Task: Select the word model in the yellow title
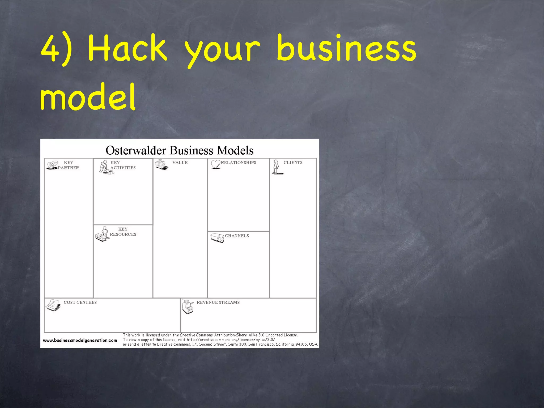pos(88,97)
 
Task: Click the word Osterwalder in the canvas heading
pos(135,150)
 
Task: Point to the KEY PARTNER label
pos(69,165)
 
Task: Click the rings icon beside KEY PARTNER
pos(52,165)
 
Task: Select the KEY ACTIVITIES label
pos(123,165)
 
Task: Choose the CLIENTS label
pos(293,163)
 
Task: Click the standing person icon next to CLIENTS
pos(277,167)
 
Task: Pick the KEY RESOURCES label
pos(123,232)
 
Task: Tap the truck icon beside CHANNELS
pos(217,238)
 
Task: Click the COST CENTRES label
pos(80,302)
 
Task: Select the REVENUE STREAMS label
pos(218,302)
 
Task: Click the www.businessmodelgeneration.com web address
pos(80,340)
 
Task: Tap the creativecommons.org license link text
pos(231,340)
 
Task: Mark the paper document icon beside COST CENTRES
pos(53,305)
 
